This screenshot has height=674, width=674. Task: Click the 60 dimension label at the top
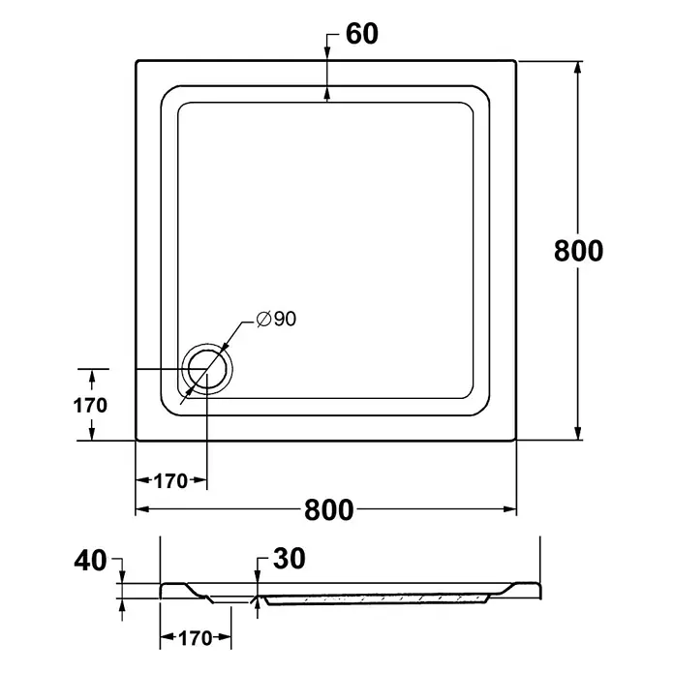point(362,34)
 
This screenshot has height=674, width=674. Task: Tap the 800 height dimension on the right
point(578,251)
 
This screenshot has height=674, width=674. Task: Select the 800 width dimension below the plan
point(329,509)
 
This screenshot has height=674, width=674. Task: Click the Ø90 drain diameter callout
point(276,319)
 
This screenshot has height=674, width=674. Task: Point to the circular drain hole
point(207,369)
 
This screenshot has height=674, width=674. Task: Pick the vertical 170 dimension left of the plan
point(90,406)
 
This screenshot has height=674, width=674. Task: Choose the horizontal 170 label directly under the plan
point(170,481)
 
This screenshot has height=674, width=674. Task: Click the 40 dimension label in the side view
point(90,561)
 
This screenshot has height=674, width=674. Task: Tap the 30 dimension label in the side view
point(290,559)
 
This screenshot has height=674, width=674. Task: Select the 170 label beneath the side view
point(196,638)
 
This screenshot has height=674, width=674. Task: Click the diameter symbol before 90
point(263,319)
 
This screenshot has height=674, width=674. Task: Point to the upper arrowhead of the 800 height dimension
point(578,68)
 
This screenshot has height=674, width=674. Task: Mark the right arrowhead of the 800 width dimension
point(509,509)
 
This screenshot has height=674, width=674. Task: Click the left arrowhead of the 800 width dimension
point(142,509)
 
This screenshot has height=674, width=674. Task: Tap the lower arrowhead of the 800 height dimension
point(578,433)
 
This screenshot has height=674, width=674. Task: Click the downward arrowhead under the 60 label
point(327,50)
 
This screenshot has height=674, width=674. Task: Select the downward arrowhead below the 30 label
point(258,577)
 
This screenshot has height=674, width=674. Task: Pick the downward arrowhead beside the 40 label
point(123,577)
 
